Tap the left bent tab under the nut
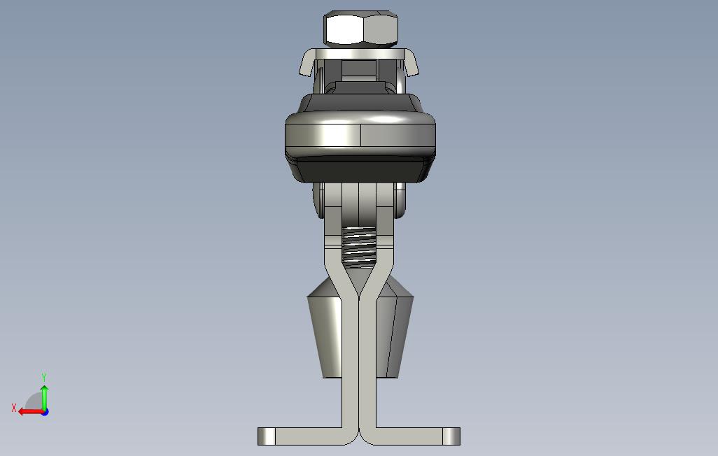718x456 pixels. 307,62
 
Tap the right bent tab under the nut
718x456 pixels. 411,62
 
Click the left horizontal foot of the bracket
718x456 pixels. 308,436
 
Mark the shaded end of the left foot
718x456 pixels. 266,436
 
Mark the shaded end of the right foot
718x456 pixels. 452,436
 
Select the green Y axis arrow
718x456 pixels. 44,397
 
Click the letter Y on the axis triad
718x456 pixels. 44,378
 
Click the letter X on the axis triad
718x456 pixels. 14,408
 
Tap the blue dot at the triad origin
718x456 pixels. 44,411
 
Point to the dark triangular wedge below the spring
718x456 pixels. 359,280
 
